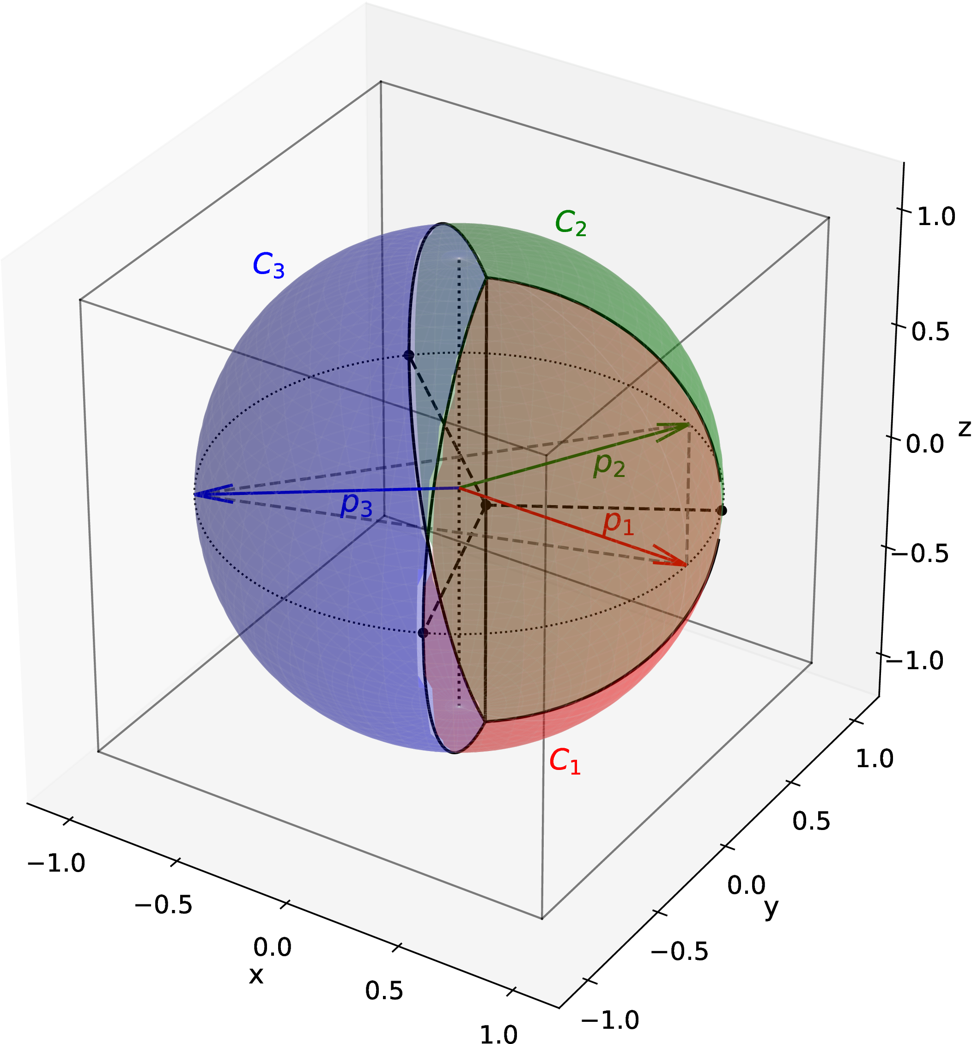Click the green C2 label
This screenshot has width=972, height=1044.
tap(571, 223)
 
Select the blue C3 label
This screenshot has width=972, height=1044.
tap(268, 265)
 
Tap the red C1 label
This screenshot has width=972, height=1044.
tap(565, 761)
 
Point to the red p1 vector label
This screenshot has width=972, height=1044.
tap(618, 524)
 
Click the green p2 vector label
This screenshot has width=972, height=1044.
tap(609, 465)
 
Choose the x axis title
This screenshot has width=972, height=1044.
tap(255, 976)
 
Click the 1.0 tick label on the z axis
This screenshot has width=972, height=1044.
tap(936, 217)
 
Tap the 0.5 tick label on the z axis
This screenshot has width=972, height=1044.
tap(930, 331)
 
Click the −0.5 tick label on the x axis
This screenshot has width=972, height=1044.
tap(163, 905)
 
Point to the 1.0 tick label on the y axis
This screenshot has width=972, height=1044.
tap(875, 758)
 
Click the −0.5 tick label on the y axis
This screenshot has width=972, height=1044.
tap(680, 951)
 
